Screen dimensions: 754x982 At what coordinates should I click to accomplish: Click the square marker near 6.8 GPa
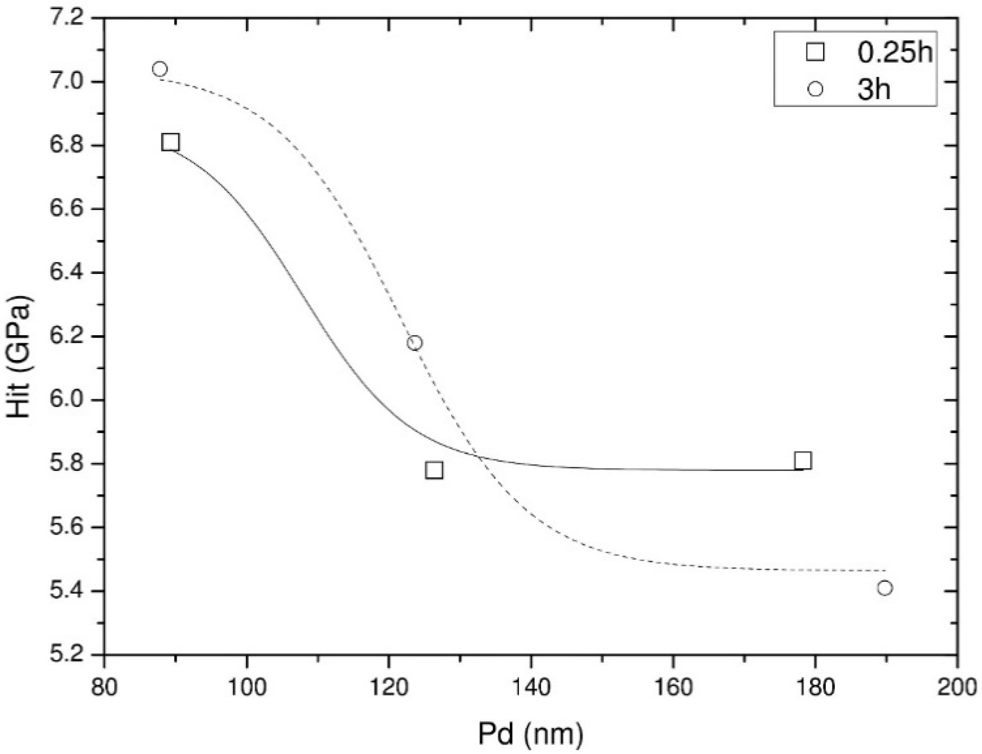point(171,142)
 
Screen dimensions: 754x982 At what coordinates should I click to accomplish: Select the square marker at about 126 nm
point(434,470)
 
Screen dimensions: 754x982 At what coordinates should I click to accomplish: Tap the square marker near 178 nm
point(803,460)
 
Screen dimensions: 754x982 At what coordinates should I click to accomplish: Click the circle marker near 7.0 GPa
point(160,69)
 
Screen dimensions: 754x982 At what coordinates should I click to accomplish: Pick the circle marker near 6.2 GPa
point(415,343)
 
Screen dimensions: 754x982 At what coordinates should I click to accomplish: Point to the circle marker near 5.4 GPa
point(885,588)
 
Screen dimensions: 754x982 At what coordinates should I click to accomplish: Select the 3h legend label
point(874,89)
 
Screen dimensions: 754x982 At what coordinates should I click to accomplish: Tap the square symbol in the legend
point(815,53)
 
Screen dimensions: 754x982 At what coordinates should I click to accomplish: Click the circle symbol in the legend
point(815,89)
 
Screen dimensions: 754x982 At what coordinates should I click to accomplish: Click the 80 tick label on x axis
point(104,687)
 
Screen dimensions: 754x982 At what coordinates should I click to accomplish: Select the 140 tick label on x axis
point(530,687)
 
